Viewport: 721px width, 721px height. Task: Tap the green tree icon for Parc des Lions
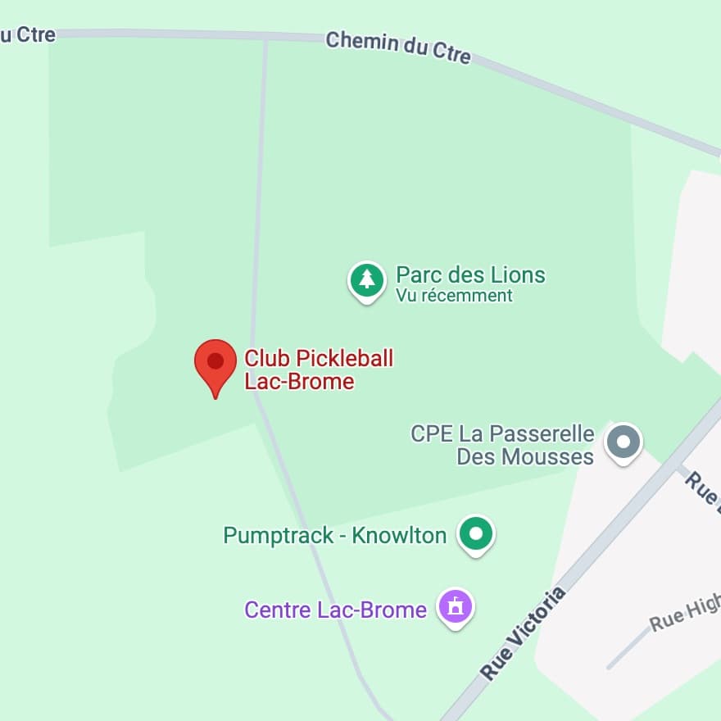coord(367,280)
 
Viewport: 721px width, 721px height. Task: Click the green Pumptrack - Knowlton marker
coord(476,534)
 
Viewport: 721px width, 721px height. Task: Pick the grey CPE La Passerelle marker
coord(623,442)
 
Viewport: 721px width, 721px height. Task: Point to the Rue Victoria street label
coord(524,633)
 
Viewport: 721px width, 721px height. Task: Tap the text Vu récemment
coord(454,296)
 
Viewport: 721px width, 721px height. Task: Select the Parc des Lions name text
coord(470,274)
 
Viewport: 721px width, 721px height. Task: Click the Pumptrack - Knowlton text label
coord(335,536)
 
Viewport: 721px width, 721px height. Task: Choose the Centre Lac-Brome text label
coord(336,610)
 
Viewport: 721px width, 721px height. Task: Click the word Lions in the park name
coord(518,274)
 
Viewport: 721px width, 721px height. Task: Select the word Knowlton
coord(399,536)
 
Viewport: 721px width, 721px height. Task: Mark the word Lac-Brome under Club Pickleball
coord(300,381)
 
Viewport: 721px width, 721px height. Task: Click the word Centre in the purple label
coord(278,610)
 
